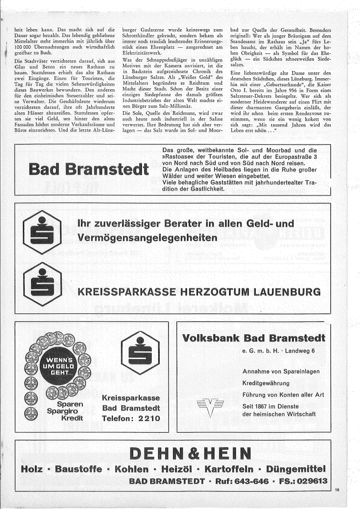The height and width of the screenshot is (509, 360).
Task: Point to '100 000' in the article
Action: coord(22,47)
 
